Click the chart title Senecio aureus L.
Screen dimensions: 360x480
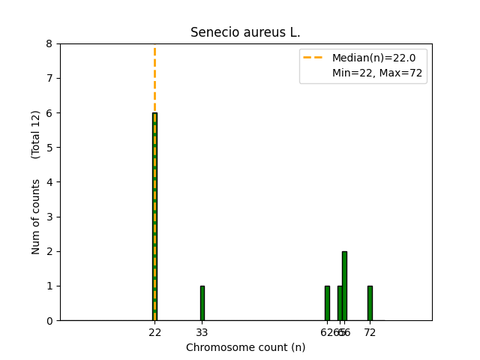click(245, 32)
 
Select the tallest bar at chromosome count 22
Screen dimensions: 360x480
click(154, 217)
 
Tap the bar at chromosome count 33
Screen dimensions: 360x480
click(202, 303)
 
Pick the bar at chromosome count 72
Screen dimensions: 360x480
click(370, 303)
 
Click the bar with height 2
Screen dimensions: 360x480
click(344, 286)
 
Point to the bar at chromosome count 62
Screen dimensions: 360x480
click(327, 303)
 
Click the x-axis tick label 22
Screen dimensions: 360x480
click(154, 331)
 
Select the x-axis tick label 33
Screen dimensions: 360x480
click(202, 331)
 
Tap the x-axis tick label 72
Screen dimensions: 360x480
click(370, 331)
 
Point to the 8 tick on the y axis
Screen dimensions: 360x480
click(49, 43)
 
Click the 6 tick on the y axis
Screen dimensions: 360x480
click(49, 112)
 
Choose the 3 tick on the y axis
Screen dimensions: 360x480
click(49, 217)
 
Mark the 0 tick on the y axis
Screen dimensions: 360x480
click(49, 320)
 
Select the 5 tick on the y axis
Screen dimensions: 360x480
click(49, 147)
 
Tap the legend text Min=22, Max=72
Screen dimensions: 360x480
click(377, 73)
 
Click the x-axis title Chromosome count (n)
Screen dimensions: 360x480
click(245, 347)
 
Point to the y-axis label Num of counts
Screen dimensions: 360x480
click(36, 216)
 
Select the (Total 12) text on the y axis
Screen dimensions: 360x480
click(36, 134)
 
